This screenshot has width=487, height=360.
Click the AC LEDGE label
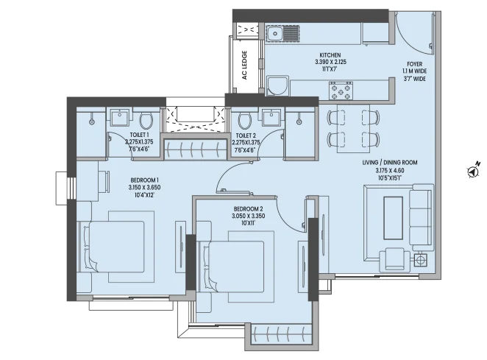click(x=244, y=65)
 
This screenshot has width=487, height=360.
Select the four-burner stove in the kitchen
click(x=341, y=91)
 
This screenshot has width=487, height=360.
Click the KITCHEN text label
click(x=330, y=55)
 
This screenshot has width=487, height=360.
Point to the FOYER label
click(x=415, y=64)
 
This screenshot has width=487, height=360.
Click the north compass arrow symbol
click(x=473, y=171)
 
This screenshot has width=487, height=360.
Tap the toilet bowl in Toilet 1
click(x=146, y=121)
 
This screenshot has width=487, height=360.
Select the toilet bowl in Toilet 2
click(x=245, y=121)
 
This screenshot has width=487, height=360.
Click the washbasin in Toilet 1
click(x=120, y=117)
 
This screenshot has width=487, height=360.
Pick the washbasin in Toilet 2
click(x=271, y=117)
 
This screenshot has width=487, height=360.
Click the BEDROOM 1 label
click(x=145, y=180)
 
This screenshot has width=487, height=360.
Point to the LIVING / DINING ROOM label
click(x=390, y=162)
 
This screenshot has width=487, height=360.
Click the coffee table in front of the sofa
click(x=394, y=217)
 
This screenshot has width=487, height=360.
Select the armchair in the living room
click(x=394, y=259)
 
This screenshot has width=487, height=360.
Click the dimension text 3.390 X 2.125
click(x=330, y=62)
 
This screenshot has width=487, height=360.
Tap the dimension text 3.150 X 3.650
click(x=145, y=188)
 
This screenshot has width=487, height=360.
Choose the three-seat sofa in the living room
click(x=421, y=217)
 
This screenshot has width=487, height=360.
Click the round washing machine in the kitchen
click(x=277, y=86)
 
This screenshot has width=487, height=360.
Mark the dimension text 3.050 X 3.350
click(x=249, y=216)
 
